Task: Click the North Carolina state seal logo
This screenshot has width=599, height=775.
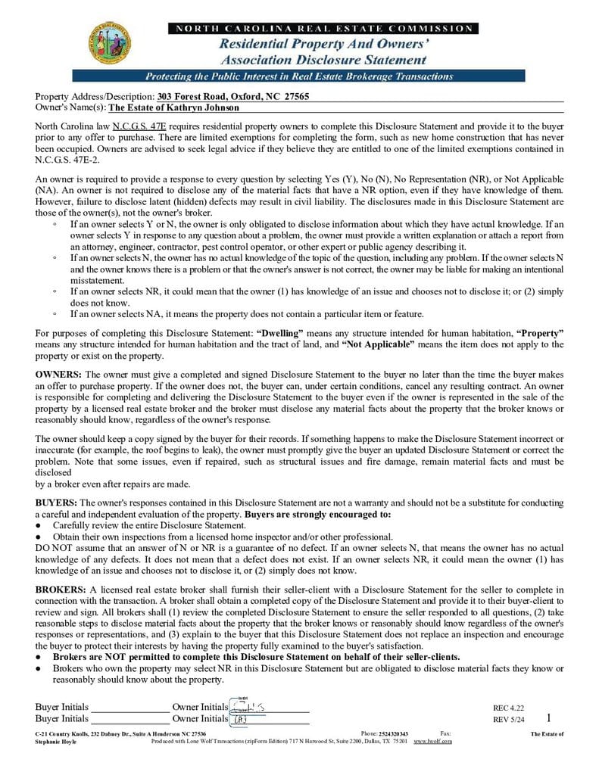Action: (111, 43)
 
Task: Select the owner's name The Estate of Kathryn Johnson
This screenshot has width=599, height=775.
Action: (174, 107)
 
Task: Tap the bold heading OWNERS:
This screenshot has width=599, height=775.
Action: (59, 375)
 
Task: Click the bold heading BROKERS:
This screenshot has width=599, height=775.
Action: (61, 590)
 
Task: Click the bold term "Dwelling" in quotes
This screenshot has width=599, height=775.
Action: (280, 333)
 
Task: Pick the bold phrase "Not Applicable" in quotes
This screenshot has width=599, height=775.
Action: (379, 344)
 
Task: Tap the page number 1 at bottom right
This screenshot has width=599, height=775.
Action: (548, 717)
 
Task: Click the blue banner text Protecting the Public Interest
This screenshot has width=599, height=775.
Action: (298, 76)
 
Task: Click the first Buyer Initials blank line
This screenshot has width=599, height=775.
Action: (129, 708)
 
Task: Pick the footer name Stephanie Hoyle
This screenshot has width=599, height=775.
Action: (55, 742)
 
